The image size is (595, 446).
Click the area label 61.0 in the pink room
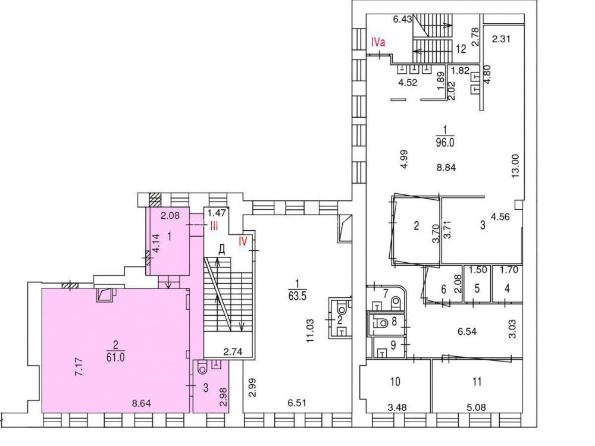pyautogui.click(x=115, y=357)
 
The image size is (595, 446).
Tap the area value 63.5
pyautogui.click(x=297, y=296)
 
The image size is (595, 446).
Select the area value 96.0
pyautogui.click(x=445, y=142)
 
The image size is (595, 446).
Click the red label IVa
pyautogui.click(x=378, y=42)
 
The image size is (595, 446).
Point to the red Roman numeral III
pyautogui.click(x=214, y=227)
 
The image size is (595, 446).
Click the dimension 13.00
pyautogui.click(x=515, y=166)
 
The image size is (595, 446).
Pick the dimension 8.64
pyautogui.click(x=141, y=403)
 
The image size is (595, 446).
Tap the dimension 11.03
pyautogui.click(x=311, y=331)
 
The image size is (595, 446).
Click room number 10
pyautogui.click(x=395, y=381)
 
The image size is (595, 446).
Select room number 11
pyautogui.click(x=477, y=381)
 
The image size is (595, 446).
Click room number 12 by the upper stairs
pyautogui.click(x=461, y=49)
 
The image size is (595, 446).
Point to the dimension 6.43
pyautogui.click(x=403, y=19)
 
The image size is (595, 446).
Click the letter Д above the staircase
pyautogui.click(x=222, y=250)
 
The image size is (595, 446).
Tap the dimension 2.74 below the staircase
pyautogui.click(x=233, y=352)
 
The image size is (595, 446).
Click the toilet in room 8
pyautogui.click(x=381, y=323)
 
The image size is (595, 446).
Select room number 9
pyautogui.click(x=393, y=345)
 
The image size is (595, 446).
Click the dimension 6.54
pyautogui.click(x=466, y=331)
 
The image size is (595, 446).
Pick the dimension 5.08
pyautogui.click(x=476, y=408)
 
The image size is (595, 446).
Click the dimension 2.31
pyautogui.click(x=501, y=38)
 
